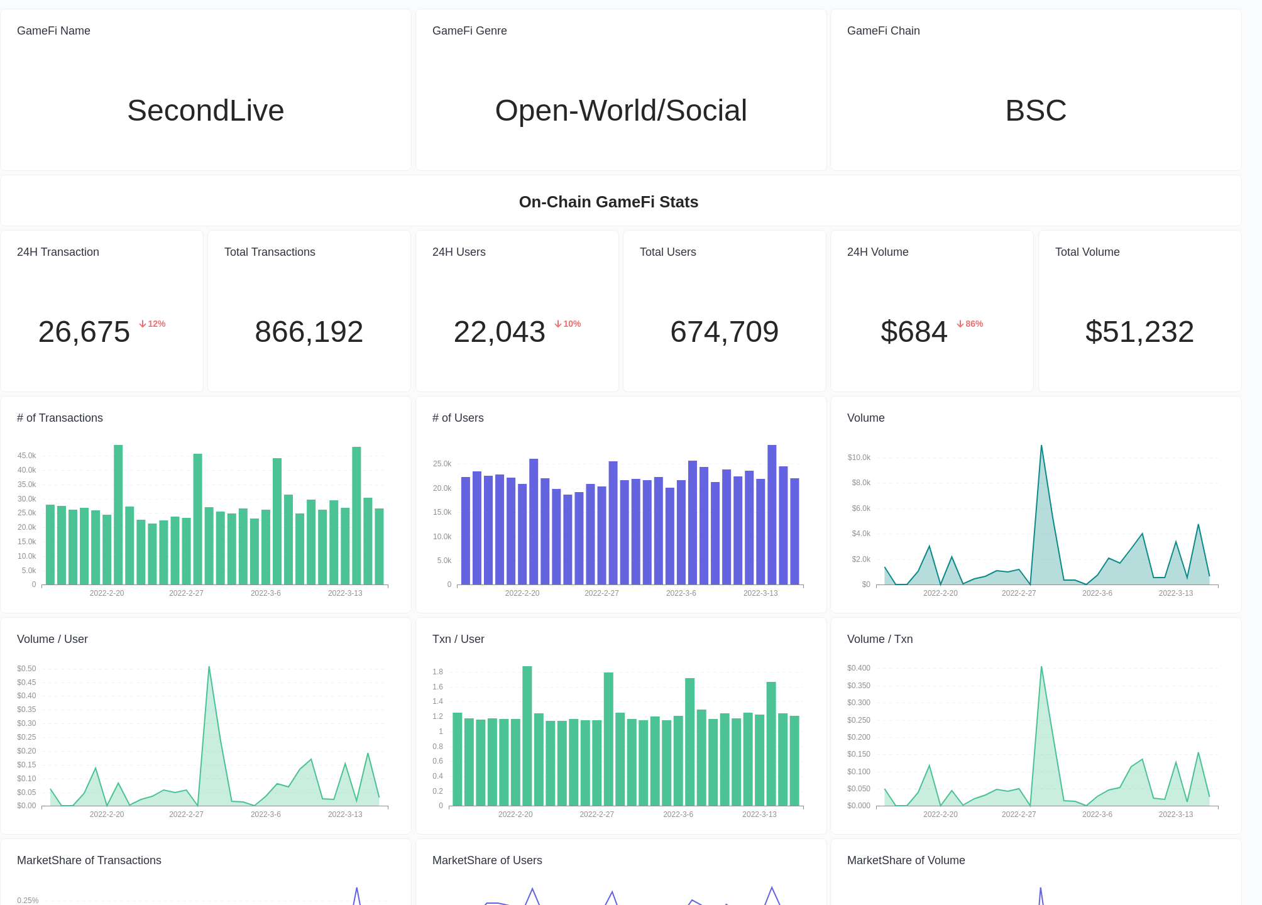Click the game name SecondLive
pyautogui.click(x=206, y=111)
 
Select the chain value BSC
pyautogui.click(x=1036, y=111)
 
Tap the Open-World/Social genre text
pyautogui.click(x=621, y=111)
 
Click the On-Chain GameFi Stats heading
pyautogui.click(x=608, y=202)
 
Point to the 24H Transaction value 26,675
pyautogui.click(x=84, y=332)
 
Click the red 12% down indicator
pyautogui.click(x=152, y=324)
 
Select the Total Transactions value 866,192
pyautogui.click(x=309, y=332)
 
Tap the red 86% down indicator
pyautogui.click(x=970, y=324)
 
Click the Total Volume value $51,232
pyautogui.click(x=1139, y=332)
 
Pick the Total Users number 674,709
pyautogui.click(x=724, y=332)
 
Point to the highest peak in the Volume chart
pyautogui.click(x=1041, y=446)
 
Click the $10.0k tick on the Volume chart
pyautogui.click(x=859, y=458)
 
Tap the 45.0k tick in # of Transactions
pyautogui.click(x=26, y=456)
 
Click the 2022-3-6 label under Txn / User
pyautogui.click(x=678, y=814)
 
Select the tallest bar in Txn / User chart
pyautogui.click(x=527, y=735)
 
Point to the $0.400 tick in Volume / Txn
pyautogui.click(x=859, y=668)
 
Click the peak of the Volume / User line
pyautogui.click(x=209, y=667)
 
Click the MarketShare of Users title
pyautogui.click(x=487, y=860)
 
